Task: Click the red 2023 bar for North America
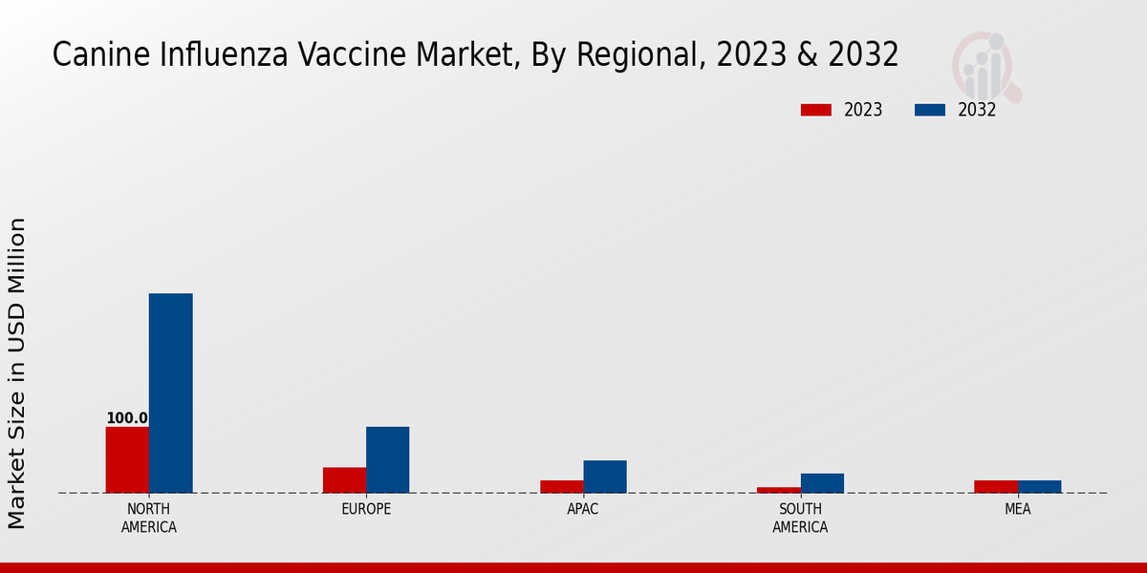click(x=127, y=459)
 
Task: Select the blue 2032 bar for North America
click(x=170, y=393)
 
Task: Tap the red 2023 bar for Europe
click(x=344, y=479)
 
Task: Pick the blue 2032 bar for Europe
click(x=387, y=459)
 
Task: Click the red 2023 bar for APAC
click(x=561, y=486)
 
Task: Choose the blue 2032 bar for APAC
click(x=604, y=477)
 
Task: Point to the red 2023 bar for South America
click(x=778, y=490)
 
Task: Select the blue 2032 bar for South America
click(x=822, y=483)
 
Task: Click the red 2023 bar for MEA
click(x=995, y=486)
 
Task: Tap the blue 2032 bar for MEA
click(x=1039, y=486)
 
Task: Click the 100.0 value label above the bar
click(x=126, y=418)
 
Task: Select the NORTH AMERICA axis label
click(x=148, y=518)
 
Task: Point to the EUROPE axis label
click(x=366, y=509)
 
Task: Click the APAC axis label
click(x=582, y=509)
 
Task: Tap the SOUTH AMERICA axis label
click(x=800, y=518)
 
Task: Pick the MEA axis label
click(x=1017, y=509)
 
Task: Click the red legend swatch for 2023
click(x=815, y=110)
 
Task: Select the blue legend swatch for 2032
click(x=929, y=110)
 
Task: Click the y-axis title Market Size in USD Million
click(x=17, y=372)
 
